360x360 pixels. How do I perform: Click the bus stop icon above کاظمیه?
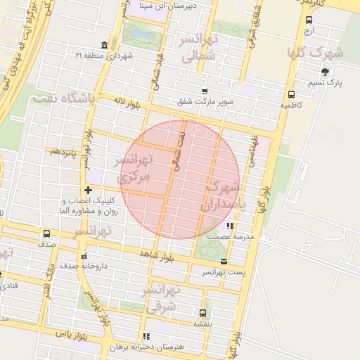(x=291, y=94)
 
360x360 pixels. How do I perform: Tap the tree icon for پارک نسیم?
(x=324, y=72)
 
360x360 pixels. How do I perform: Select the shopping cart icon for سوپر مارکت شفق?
(x=205, y=91)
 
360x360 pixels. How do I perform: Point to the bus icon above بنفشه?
(x=202, y=313)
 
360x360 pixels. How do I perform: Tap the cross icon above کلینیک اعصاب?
(x=88, y=190)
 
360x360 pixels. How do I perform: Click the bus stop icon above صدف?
(x=47, y=233)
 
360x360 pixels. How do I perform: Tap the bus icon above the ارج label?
(x=309, y=20)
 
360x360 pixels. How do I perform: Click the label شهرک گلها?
(x=315, y=52)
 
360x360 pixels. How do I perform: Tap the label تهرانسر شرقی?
(x=162, y=298)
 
